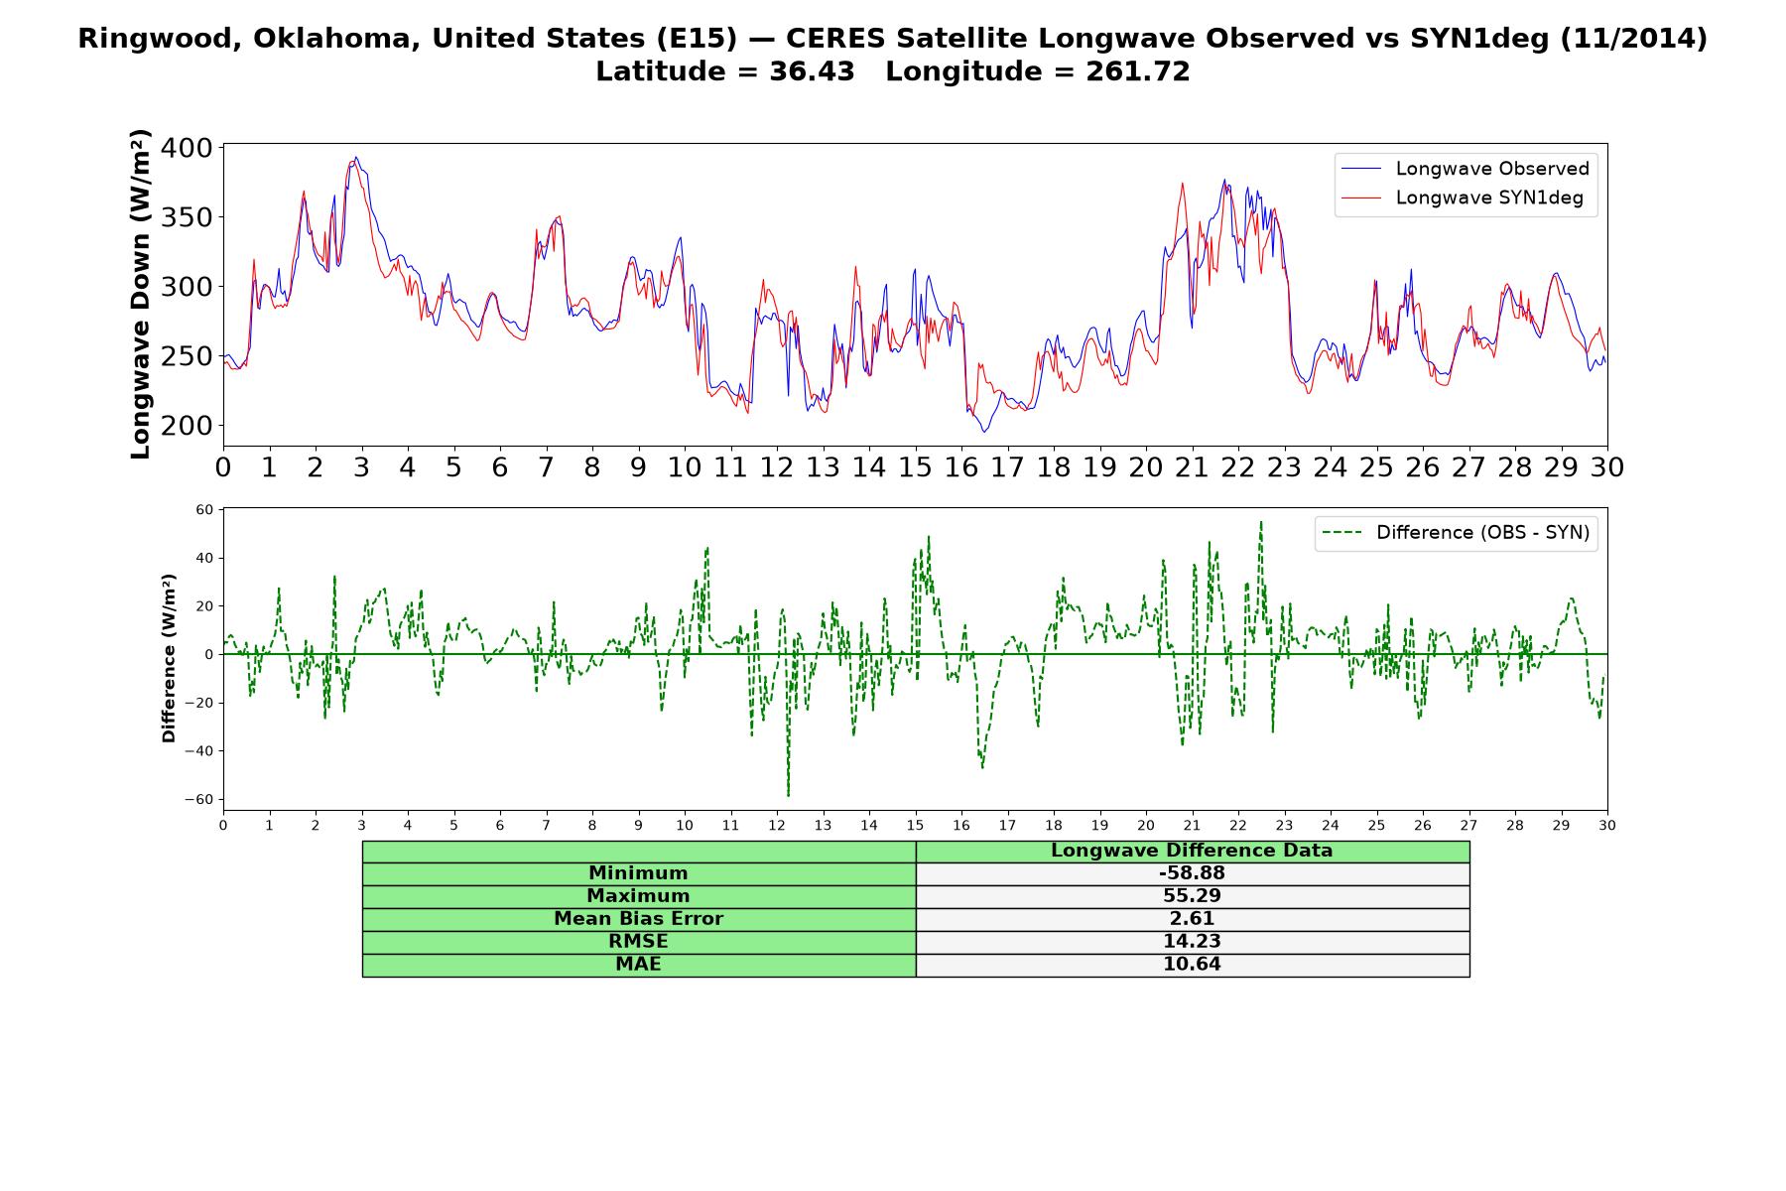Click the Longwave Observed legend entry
pyautogui.click(x=1465, y=169)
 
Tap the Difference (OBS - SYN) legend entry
pyautogui.click(x=1457, y=533)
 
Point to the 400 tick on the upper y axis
pyautogui.click(x=188, y=148)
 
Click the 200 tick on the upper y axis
pyautogui.click(x=188, y=426)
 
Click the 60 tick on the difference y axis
pyautogui.click(x=205, y=510)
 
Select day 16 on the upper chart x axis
pyautogui.click(x=961, y=466)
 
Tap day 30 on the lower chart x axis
pyautogui.click(x=1607, y=825)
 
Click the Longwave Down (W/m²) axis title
pyautogui.click(x=140, y=294)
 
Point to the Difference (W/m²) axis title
pyautogui.click(x=169, y=658)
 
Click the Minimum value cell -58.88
pyautogui.click(x=1192, y=873)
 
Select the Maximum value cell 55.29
pyautogui.click(x=1192, y=896)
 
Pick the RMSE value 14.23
pyautogui.click(x=1192, y=942)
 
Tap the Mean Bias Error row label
pyautogui.click(x=638, y=919)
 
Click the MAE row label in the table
pyautogui.click(x=638, y=965)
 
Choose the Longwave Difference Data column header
pyautogui.click(x=1192, y=851)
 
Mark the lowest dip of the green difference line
pyautogui.click(x=788, y=796)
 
